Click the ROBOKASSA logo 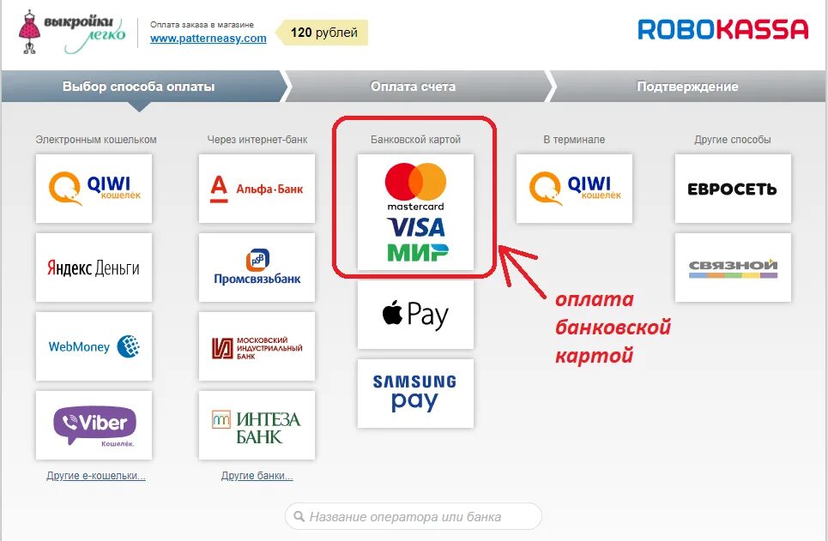coord(722,30)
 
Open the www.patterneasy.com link coord(208,39)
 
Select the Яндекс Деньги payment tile coord(94,267)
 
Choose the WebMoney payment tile coord(94,346)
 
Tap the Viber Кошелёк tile coord(94,425)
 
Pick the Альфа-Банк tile coord(257,189)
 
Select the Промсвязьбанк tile coord(257,267)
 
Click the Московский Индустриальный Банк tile coord(257,346)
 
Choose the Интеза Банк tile coord(257,425)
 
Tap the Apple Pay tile coord(415,315)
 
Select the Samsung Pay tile coord(415,394)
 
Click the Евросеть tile coord(732,189)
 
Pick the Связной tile coord(732,267)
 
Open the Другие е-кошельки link coord(96,476)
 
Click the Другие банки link coord(257,476)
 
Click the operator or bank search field coord(414,517)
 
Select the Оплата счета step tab coord(413,87)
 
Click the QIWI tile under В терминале coord(574,189)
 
